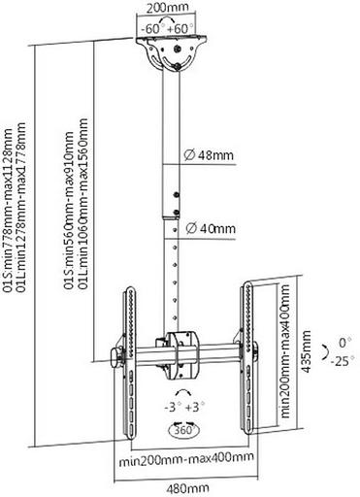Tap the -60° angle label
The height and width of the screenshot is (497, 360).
[151, 29]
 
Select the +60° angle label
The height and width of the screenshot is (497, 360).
[181, 29]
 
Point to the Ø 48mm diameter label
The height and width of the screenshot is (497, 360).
[209, 155]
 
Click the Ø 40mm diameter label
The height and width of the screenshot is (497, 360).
[211, 229]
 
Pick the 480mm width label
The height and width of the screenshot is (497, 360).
[187, 488]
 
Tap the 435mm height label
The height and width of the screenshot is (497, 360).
[306, 351]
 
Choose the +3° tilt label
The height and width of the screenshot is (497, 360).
[195, 407]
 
